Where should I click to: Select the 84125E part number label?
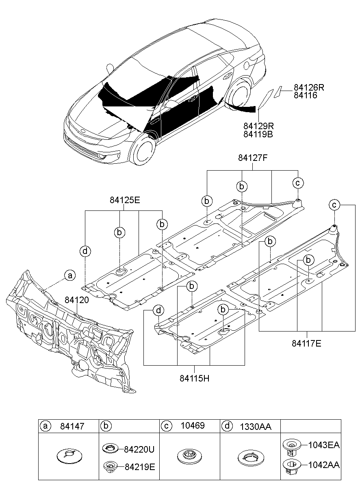[124, 200]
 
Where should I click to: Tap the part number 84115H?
[194, 377]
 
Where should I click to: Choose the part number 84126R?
[309, 88]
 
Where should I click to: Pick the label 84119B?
[258, 134]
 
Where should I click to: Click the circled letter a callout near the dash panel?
[70, 275]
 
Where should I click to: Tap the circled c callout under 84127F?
[297, 183]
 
